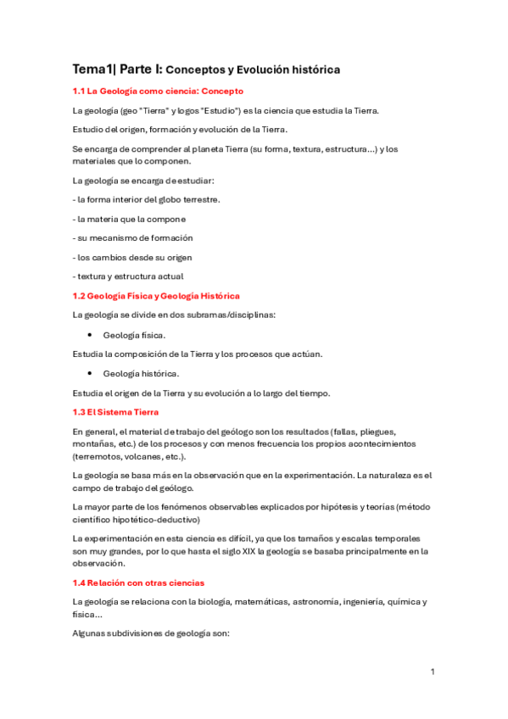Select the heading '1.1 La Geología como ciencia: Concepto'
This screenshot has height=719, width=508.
(x=158, y=91)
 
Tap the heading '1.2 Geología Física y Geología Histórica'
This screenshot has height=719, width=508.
(x=157, y=295)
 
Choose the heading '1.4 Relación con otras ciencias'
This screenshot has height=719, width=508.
(x=138, y=582)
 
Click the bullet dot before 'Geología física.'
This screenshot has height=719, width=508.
(x=89, y=335)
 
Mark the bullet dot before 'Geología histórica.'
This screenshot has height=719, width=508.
(x=89, y=373)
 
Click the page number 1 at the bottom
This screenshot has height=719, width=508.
(x=433, y=672)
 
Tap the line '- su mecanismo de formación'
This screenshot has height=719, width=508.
(x=133, y=237)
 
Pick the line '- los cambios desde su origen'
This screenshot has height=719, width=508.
(x=133, y=257)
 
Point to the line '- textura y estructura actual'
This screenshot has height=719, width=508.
(x=128, y=276)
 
